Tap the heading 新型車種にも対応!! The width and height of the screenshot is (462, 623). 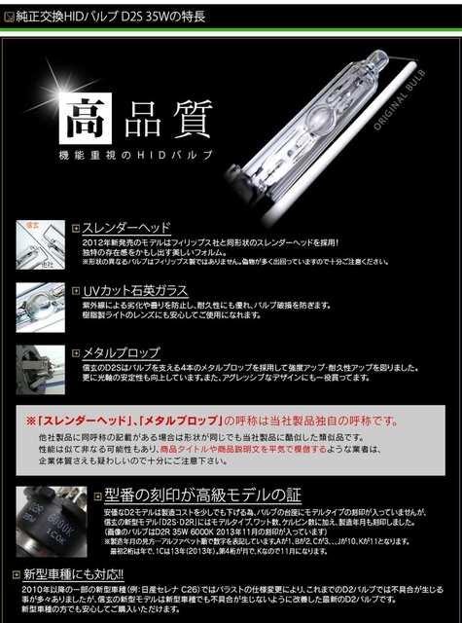pyautogui.click(x=64, y=574)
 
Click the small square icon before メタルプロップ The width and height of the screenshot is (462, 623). pyautogui.click(x=76, y=352)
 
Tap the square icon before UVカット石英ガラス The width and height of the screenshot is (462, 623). pyautogui.click(x=76, y=290)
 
